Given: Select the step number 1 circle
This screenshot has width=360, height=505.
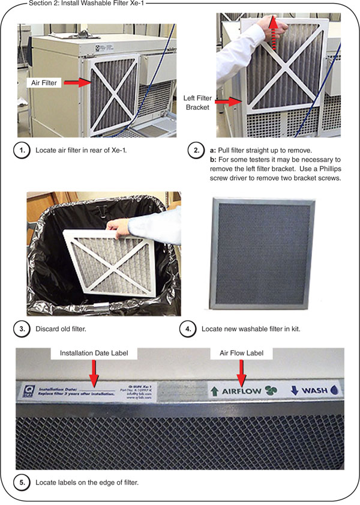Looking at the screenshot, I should click(22, 150).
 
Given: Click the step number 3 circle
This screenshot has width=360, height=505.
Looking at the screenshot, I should click(22, 328).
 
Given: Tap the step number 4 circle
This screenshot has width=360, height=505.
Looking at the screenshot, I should click(188, 328).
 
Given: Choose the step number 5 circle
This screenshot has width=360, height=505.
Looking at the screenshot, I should click(22, 482).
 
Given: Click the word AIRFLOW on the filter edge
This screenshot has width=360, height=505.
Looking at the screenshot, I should click(242, 391).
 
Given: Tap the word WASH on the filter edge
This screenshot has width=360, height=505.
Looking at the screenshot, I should click(314, 391).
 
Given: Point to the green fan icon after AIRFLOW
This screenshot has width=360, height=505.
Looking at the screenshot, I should click(272, 391).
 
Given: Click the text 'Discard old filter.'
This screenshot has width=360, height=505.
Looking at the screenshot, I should click(61, 328).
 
